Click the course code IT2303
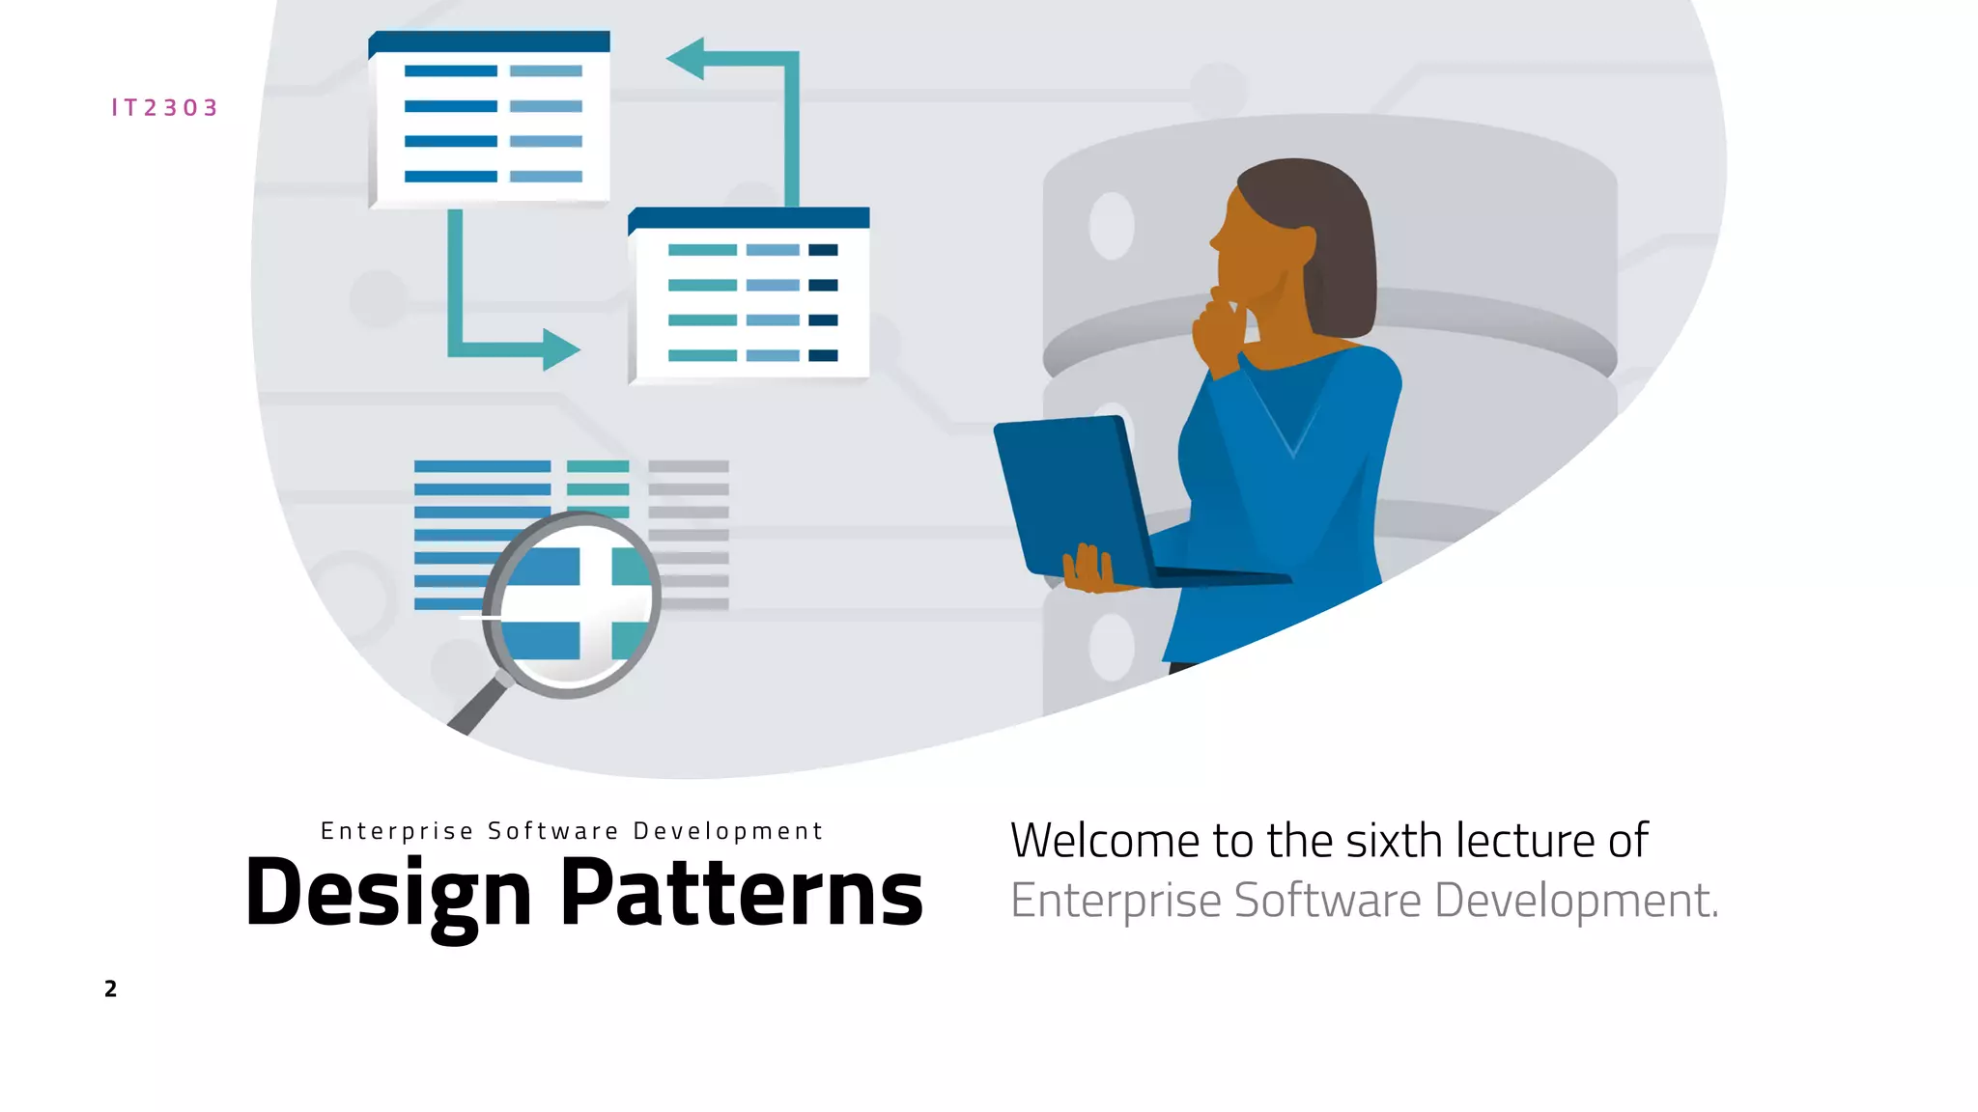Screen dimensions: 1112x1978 coord(164,107)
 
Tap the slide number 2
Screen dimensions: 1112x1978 coord(110,988)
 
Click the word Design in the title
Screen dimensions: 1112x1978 coord(388,893)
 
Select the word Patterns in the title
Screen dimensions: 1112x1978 coord(741,893)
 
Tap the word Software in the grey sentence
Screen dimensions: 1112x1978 coord(1327,900)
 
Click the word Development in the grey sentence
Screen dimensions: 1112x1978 coord(1576,900)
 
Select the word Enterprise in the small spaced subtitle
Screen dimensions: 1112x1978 coord(397,831)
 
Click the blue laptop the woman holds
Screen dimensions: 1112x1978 coord(1072,492)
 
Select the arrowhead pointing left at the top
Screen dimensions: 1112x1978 coord(686,59)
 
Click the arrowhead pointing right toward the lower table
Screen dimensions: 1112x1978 coord(561,349)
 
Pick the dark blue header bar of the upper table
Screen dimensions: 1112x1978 coord(489,42)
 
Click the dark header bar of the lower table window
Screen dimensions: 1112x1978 coord(749,218)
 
